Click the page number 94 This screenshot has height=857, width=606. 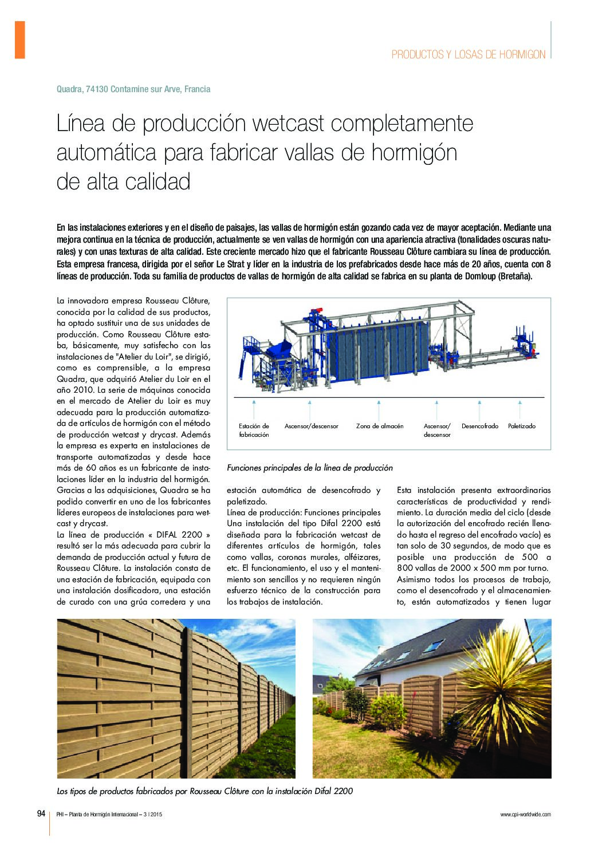41,813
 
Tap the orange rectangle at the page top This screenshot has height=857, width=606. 19,40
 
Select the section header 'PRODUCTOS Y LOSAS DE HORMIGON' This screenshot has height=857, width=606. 468,54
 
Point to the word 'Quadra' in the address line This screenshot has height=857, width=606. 69,89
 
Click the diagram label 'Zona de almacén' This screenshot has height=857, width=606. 379,426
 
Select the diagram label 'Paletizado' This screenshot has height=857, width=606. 521,426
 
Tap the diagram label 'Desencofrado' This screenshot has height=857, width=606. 479,426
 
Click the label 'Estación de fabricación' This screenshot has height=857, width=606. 254,430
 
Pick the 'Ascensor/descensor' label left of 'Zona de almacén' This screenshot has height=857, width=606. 311,426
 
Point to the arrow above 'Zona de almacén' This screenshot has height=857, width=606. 379,409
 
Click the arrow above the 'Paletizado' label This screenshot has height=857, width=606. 521,409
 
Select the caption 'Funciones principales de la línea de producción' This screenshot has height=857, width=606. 310,468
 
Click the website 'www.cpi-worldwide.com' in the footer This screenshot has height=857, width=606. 525,814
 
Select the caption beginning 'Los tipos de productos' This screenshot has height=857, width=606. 204,791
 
